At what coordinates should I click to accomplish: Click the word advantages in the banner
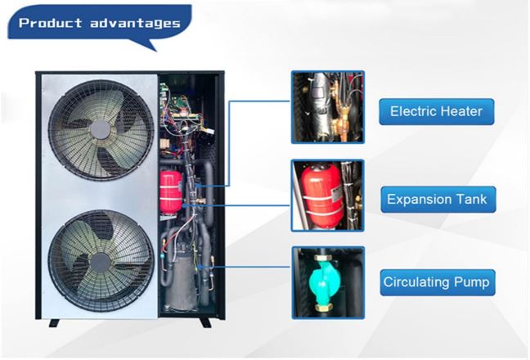click(x=131, y=23)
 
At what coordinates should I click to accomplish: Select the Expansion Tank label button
click(x=436, y=199)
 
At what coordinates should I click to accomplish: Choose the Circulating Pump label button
click(x=436, y=283)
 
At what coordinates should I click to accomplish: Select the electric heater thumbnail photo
click(x=327, y=107)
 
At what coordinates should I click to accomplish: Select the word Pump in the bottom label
click(x=472, y=283)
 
